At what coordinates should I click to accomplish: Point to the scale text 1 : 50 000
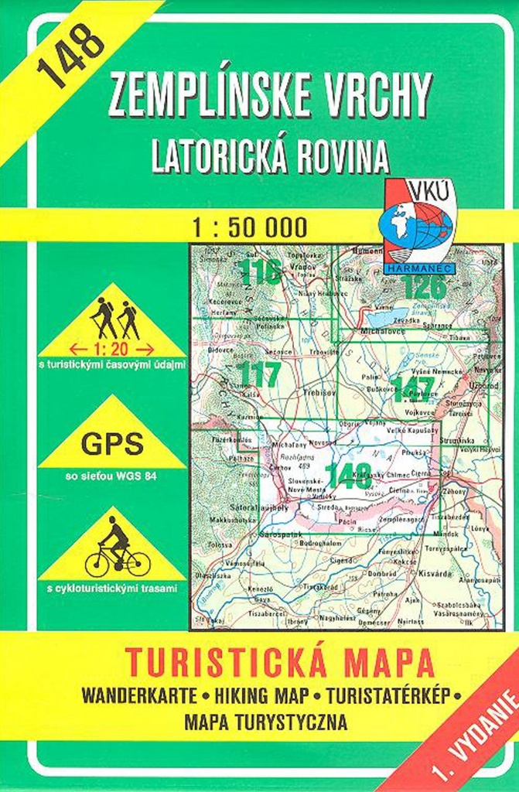(x=251, y=227)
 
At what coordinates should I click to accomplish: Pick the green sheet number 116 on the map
(x=259, y=271)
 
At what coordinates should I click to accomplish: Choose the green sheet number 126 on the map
(x=424, y=287)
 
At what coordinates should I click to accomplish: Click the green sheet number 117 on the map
(x=259, y=374)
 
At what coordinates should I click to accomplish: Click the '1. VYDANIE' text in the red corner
(x=478, y=735)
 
